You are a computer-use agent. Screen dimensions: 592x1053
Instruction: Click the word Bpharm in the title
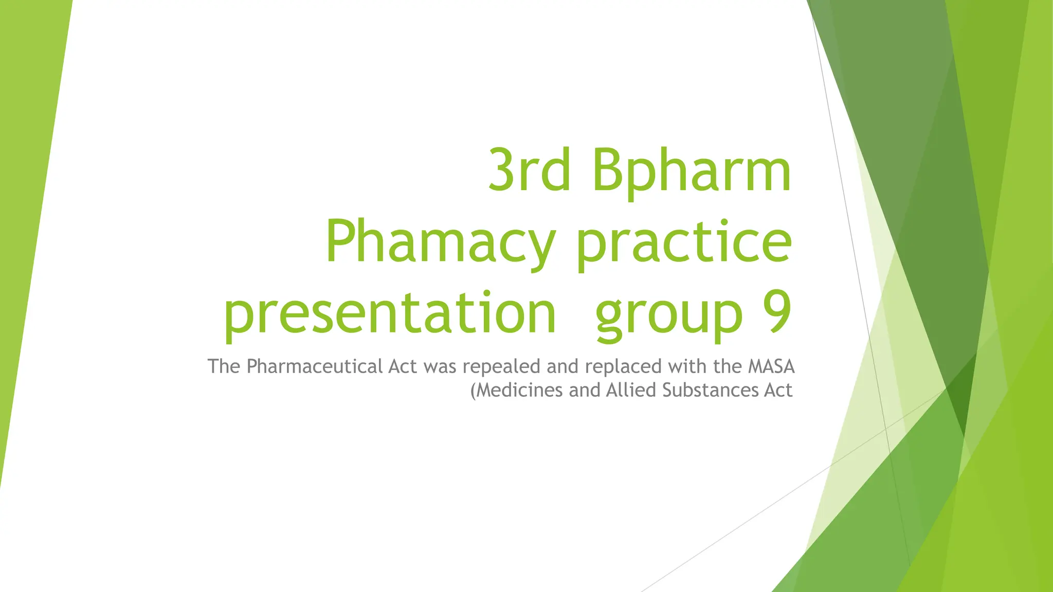[x=691, y=171]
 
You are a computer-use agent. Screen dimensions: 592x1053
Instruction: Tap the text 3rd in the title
[x=529, y=171]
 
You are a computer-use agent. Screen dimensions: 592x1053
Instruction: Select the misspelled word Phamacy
[x=440, y=242]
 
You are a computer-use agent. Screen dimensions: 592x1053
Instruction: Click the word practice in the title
[x=684, y=242]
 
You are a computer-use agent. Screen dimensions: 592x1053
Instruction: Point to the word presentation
[x=390, y=312]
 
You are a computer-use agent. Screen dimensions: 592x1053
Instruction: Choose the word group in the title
[x=669, y=312]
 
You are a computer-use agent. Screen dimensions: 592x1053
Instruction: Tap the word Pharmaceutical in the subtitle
[x=315, y=366]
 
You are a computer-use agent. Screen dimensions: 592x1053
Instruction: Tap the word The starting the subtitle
[x=224, y=366]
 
